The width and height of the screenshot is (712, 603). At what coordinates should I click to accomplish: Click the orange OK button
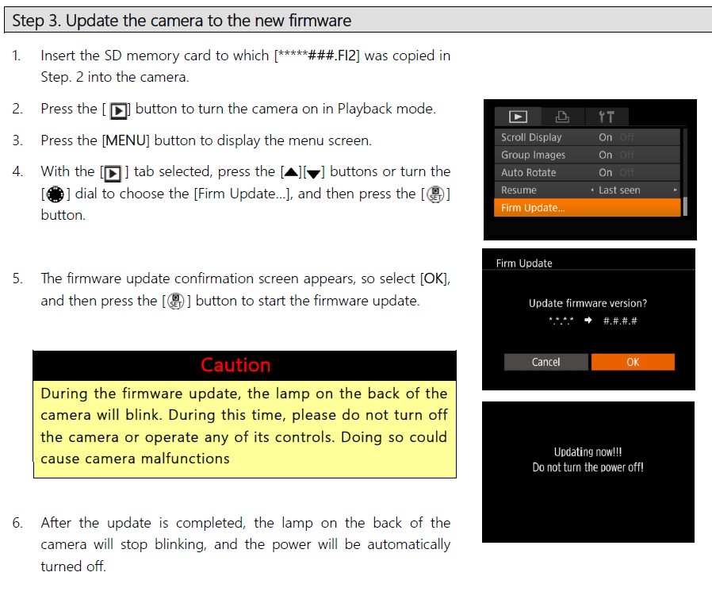[633, 362]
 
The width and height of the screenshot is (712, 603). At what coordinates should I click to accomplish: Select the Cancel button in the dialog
[545, 362]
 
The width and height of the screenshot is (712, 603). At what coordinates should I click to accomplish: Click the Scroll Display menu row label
[531, 137]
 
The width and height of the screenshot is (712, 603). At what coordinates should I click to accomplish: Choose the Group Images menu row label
[533, 155]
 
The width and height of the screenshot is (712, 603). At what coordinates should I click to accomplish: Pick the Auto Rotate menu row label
[528, 172]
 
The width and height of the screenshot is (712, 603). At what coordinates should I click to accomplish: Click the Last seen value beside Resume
[619, 190]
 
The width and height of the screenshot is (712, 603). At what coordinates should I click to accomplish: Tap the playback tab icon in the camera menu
[518, 117]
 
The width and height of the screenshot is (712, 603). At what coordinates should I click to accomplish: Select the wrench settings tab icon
[607, 117]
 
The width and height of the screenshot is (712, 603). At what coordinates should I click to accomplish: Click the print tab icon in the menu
[562, 117]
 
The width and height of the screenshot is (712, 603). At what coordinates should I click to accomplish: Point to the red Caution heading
[235, 365]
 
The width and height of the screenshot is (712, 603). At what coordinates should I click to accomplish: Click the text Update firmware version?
[588, 303]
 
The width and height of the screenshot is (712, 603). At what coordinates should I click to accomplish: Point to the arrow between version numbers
[588, 321]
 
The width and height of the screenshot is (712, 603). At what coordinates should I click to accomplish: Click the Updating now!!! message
[588, 451]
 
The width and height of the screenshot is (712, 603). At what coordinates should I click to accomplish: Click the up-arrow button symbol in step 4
[290, 172]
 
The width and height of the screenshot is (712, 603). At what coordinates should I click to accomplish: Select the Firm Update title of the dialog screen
[524, 263]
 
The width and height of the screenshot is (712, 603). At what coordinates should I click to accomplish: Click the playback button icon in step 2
[118, 109]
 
